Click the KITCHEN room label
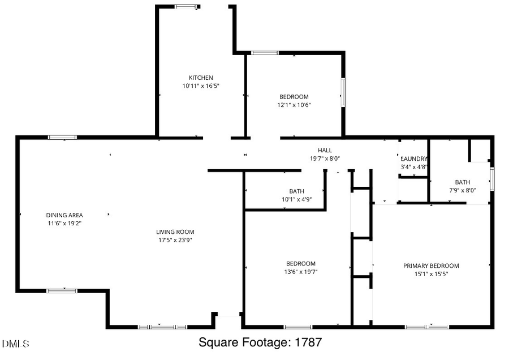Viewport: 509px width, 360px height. pos(201,78)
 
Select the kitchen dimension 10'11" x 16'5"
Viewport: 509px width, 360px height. pos(201,86)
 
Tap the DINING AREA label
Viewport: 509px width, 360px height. pos(64,215)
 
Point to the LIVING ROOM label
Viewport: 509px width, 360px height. pos(175,232)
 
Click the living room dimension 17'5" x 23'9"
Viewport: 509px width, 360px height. pos(175,240)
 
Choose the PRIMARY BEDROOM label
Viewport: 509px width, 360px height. pos(431,265)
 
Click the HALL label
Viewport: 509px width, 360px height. pos(325,150)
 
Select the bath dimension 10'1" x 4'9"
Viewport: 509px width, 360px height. pos(297,199)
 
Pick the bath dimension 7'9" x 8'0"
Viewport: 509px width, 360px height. pos(463,190)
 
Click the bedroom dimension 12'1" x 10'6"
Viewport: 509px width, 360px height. pos(294,105)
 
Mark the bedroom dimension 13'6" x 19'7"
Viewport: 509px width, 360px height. pos(301,272)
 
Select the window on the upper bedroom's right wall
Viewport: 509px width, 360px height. pos(343,92)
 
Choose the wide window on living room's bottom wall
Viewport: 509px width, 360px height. pos(163,327)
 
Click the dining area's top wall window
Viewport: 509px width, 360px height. pos(62,137)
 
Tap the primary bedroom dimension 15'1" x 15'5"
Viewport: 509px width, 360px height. pos(431,274)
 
